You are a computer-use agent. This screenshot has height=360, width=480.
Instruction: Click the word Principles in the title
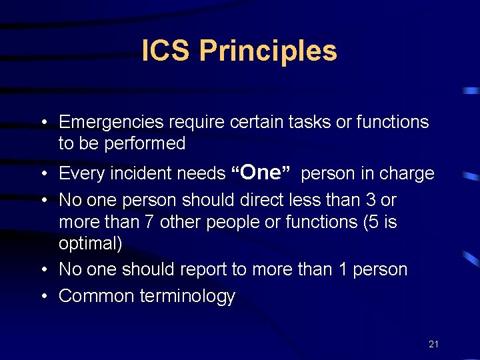pos(268,51)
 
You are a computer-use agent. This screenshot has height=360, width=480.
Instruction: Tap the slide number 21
pos(433,344)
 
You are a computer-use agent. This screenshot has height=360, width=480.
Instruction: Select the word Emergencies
pos(111,122)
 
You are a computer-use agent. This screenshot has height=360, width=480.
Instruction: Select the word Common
pos(97,296)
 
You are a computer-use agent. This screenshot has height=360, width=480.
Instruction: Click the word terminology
pos(187,297)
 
